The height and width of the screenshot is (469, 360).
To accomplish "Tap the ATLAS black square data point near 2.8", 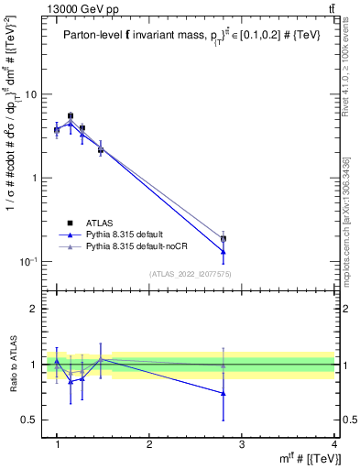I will [x=249, y=238].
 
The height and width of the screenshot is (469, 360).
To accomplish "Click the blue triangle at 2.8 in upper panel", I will [x=249, y=251].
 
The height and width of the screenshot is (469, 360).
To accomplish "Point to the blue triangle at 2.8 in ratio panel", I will [x=249, y=393].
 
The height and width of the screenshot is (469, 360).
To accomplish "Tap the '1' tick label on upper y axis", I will [x=33, y=178].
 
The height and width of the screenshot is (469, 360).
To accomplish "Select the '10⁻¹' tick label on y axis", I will [x=27, y=261].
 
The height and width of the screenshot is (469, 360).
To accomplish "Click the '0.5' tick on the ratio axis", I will [x=28, y=420].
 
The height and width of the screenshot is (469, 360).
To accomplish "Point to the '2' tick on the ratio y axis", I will [x=33, y=309].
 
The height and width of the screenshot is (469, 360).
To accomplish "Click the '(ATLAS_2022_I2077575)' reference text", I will [x=190, y=273].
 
